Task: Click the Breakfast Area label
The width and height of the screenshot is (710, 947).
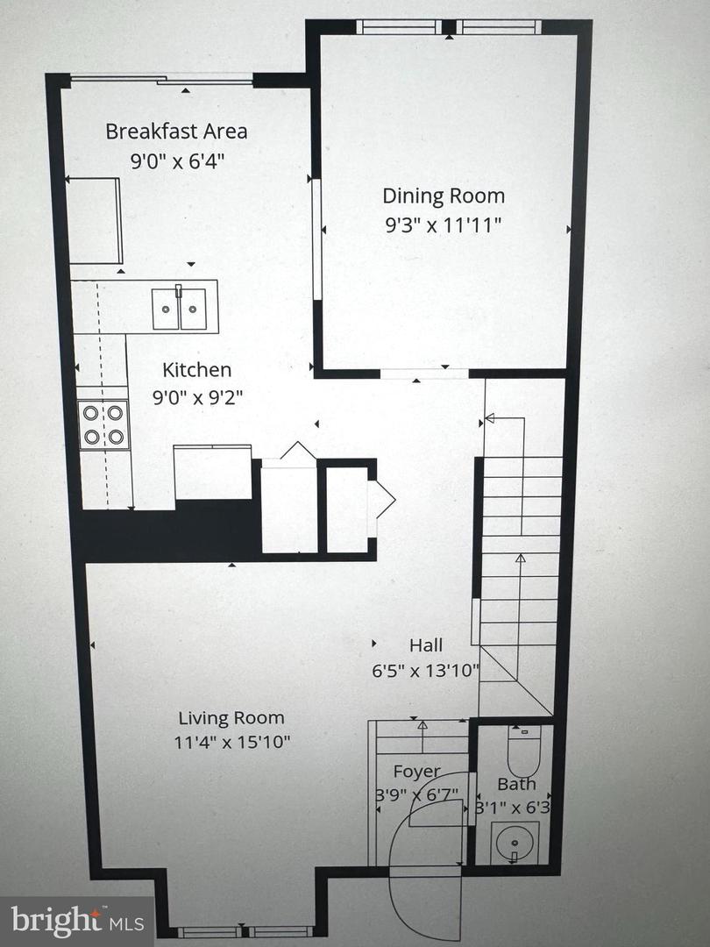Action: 176,132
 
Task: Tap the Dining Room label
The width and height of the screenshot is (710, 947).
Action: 443,196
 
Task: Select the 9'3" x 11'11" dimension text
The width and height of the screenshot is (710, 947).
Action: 443,224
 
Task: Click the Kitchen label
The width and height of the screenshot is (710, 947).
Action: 196,370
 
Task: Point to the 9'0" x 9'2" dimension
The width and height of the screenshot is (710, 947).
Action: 196,397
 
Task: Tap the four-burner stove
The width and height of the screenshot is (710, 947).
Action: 104,424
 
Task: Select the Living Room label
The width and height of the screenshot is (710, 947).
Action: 231,718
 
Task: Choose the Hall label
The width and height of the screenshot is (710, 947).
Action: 426,645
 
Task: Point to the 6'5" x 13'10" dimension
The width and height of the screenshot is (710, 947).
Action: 426,672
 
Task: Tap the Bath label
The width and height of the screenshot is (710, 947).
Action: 516,784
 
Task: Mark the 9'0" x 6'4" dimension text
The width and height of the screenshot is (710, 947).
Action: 176,161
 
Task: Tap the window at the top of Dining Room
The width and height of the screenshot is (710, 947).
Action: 449,27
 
